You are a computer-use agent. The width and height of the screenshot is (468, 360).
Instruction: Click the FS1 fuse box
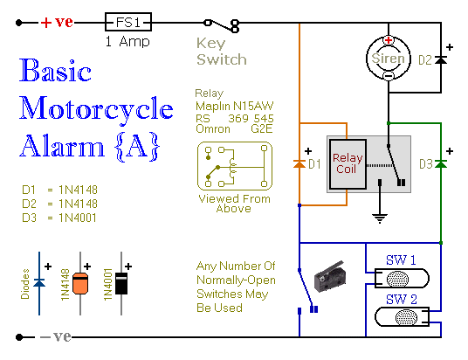coord(128,22)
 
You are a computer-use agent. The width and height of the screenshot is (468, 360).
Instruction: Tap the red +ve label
coord(57,22)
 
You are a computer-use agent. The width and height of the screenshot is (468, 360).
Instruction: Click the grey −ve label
coord(56,336)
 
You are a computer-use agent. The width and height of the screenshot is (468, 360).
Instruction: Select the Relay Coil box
coord(348,164)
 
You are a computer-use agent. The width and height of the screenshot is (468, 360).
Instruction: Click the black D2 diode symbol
coord(441,60)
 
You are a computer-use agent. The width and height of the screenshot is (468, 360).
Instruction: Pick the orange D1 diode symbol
coord(299,163)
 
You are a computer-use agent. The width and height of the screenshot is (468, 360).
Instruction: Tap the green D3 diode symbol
coord(441,163)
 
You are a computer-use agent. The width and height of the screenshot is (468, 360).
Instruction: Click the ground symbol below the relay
coord(380,218)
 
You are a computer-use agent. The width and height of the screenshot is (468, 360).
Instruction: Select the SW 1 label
coord(401,260)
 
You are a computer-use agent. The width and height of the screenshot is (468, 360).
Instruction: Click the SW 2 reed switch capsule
coord(402,317)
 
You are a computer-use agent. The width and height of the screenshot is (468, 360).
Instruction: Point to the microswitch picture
coord(330,276)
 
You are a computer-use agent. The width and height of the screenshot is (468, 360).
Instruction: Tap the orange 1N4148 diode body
coord(80,283)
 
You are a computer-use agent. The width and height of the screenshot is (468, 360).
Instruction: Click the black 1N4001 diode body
coord(121,283)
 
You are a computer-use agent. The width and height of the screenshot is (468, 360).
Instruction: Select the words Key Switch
coord(222,52)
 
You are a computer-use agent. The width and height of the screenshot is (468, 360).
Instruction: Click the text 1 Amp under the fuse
coord(127,42)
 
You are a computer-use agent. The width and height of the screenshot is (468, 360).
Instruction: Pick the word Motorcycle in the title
coord(96,109)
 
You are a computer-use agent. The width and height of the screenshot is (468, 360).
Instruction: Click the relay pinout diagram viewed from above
coord(235,166)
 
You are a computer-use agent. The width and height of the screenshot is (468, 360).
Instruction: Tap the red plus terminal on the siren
coord(389,40)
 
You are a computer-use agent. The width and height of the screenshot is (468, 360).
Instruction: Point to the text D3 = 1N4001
coord(59,218)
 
